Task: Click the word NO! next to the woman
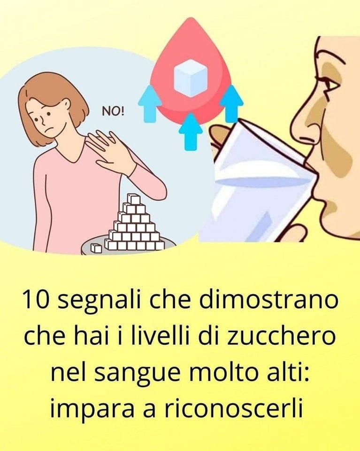[114, 111]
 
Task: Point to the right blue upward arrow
[231, 103]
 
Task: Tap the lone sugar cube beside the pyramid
[96, 248]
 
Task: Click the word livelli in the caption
[159, 335]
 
